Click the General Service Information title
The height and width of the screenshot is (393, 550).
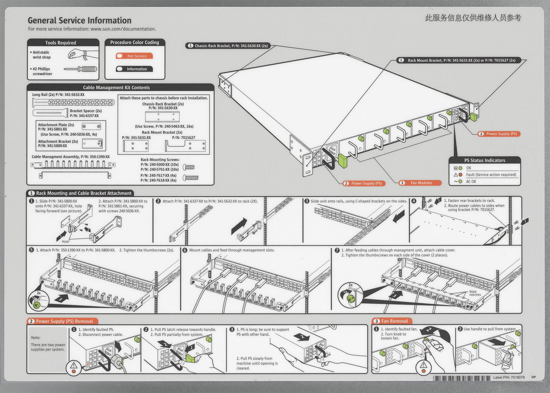click(x=80, y=20)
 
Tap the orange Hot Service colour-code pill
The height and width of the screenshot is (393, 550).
click(x=134, y=56)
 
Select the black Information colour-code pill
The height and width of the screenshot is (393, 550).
click(x=134, y=69)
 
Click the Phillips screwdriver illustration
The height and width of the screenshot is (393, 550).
click(x=80, y=69)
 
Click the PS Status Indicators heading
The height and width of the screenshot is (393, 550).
click(x=484, y=160)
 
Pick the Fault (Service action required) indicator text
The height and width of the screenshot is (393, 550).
click(x=491, y=174)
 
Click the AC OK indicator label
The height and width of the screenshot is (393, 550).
click(x=471, y=182)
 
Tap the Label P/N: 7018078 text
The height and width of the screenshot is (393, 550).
click(x=509, y=377)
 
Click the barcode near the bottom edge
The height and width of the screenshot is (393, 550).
click(x=462, y=378)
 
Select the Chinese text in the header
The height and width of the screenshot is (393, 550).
click(x=473, y=18)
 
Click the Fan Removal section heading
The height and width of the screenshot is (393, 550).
click(x=394, y=321)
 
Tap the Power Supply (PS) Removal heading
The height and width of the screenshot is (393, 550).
click(x=64, y=321)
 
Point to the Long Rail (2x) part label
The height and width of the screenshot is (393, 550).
click(x=58, y=95)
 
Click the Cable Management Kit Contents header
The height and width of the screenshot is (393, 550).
click(x=116, y=87)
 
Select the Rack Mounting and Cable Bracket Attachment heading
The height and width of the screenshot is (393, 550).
click(x=83, y=193)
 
